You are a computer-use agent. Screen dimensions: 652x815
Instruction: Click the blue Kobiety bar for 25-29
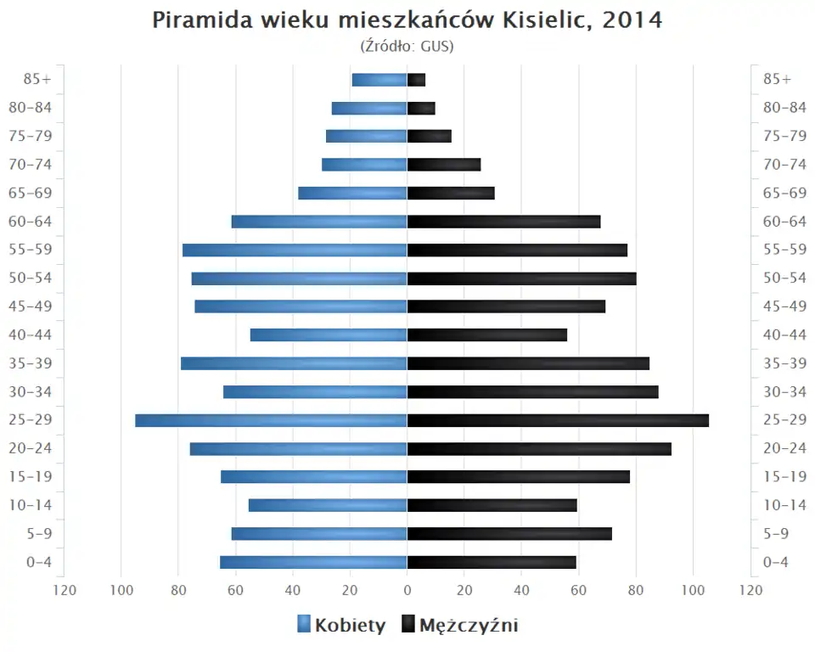[271, 420]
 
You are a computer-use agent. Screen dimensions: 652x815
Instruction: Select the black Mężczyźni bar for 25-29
[558, 420]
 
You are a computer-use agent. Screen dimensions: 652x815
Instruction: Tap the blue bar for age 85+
[379, 80]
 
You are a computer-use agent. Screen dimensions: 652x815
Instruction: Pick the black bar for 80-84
[421, 108]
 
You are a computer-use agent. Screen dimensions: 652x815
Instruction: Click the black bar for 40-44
[487, 334]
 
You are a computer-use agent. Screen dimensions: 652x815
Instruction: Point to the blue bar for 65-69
[352, 193]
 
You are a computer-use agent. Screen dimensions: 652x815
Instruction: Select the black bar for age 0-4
[492, 562]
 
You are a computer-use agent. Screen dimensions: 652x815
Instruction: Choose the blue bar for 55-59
[295, 250]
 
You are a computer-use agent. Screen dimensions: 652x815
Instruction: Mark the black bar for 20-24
[539, 448]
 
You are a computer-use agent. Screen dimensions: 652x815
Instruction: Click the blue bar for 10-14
[328, 505]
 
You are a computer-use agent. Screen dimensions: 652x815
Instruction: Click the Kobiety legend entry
[341, 626]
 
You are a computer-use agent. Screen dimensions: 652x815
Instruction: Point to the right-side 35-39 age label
[784, 363]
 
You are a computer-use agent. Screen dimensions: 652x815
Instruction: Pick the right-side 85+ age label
[777, 79]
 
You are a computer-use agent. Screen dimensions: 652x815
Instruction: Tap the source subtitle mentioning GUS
[407, 46]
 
